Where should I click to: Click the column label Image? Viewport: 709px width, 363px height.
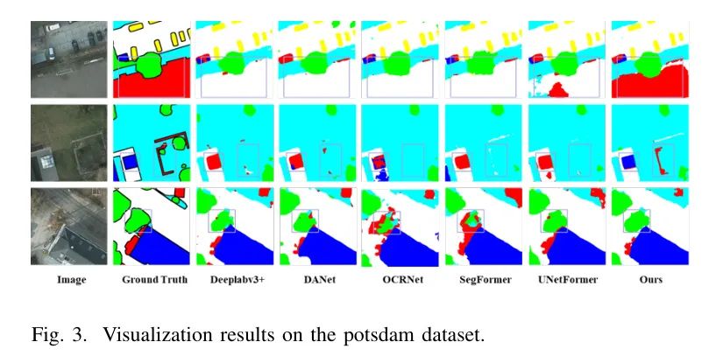(69, 280)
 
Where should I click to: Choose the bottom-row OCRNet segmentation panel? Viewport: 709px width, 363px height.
(400, 226)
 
